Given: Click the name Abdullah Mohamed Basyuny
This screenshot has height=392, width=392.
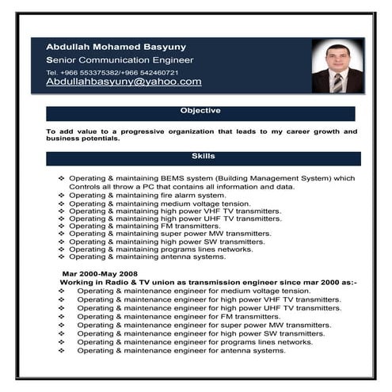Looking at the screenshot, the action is pos(115,46).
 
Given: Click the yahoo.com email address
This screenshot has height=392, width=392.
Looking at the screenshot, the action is pos(124,82).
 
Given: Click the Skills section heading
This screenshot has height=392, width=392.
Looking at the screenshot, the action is pos(203,156).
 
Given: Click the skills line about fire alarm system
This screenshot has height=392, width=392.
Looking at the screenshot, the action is pos(147,195).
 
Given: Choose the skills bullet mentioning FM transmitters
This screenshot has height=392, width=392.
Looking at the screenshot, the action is pos(144,226).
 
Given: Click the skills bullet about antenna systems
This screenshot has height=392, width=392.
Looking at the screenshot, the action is pos(147,257).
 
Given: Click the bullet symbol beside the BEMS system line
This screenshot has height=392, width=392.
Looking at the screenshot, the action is pos(63,179).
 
